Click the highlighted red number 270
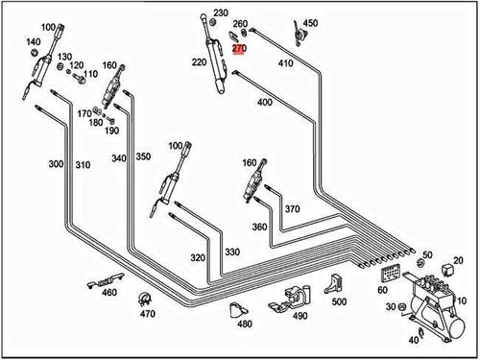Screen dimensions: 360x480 (x=240, y=47)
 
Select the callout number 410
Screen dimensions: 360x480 (x=285, y=62)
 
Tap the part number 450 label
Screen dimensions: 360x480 (x=310, y=22)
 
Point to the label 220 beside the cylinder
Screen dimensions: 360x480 (x=199, y=62)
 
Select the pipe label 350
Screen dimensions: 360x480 (x=143, y=156)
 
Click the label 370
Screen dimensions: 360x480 (x=292, y=208)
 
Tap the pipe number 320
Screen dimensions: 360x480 (x=198, y=257)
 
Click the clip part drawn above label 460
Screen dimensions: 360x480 (x=100, y=283)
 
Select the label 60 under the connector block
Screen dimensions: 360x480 (x=383, y=289)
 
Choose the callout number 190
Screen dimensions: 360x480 (x=111, y=130)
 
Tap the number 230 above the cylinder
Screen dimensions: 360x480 (x=221, y=12)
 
